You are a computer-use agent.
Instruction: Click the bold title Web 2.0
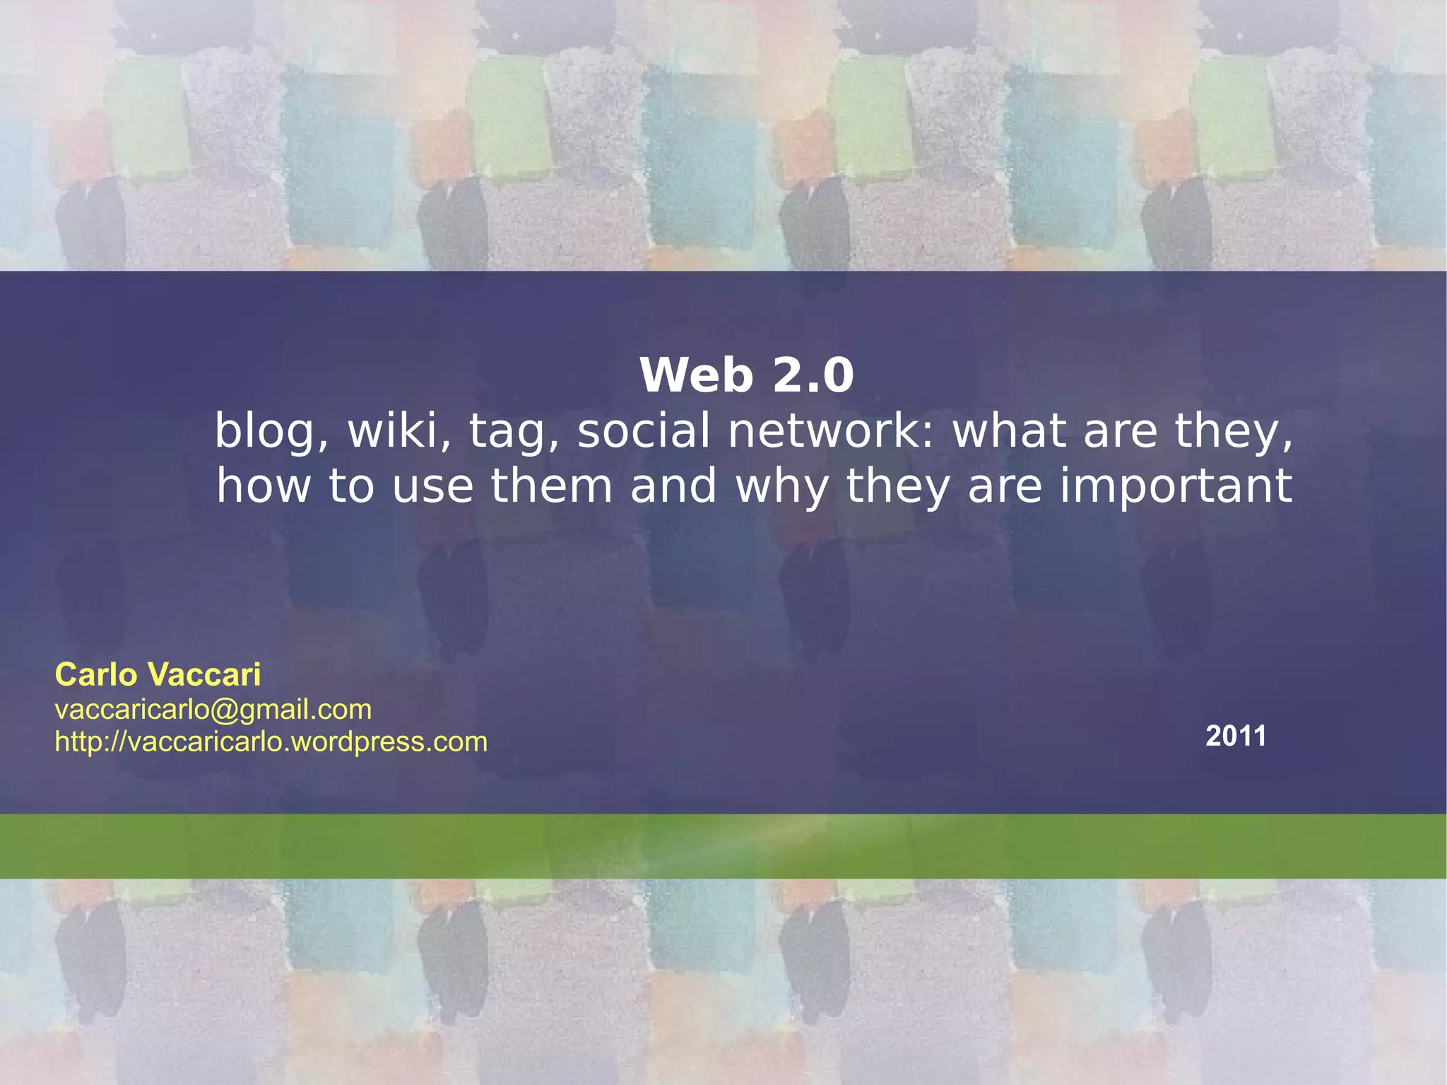(747, 375)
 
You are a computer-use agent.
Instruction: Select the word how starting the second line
(264, 486)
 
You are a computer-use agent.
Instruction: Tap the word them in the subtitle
(551, 486)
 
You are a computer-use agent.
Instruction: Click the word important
(1176, 488)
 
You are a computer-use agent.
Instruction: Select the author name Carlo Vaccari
(158, 674)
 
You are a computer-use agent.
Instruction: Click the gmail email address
(213, 709)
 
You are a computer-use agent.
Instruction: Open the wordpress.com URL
(271, 741)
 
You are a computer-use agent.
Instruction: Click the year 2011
(1236, 736)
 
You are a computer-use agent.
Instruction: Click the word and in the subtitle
(673, 486)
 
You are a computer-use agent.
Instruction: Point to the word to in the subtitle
(351, 486)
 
